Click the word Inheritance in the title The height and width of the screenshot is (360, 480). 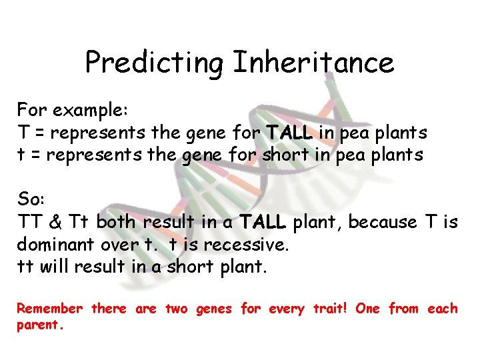click(313, 63)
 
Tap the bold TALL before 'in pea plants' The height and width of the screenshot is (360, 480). click(289, 133)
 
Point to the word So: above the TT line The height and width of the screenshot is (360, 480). click(30, 199)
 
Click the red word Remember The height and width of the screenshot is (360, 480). click(49, 309)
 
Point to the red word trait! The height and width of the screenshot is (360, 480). click(331, 309)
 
